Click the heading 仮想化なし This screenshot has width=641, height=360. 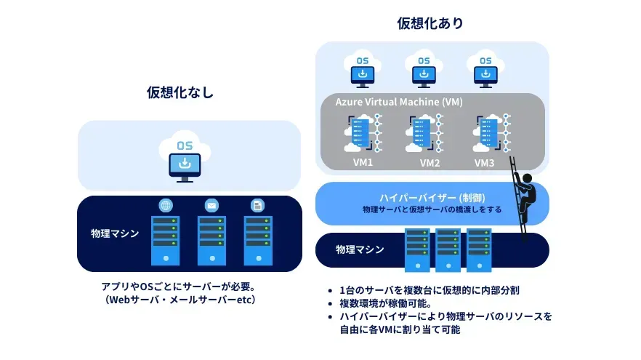tap(180, 92)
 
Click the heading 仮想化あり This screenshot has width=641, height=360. tap(430, 23)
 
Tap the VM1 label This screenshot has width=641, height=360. tap(362, 162)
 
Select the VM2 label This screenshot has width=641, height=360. tap(430, 163)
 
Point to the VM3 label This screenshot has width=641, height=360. tap(484, 163)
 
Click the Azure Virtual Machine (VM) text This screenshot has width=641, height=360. tap(399, 102)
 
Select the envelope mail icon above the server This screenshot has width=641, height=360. tap(211, 205)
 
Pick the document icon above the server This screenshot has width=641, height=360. tap(257, 205)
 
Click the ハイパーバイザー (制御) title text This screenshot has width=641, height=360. tap(432, 198)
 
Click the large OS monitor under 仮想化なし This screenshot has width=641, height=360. tap(185, 159)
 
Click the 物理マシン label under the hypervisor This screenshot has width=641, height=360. tap(359, 249)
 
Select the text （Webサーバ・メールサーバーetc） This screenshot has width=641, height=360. tap(180, 300)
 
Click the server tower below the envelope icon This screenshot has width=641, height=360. tap(211, 240)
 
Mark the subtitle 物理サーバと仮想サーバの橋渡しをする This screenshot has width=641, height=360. tap(432, 209)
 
